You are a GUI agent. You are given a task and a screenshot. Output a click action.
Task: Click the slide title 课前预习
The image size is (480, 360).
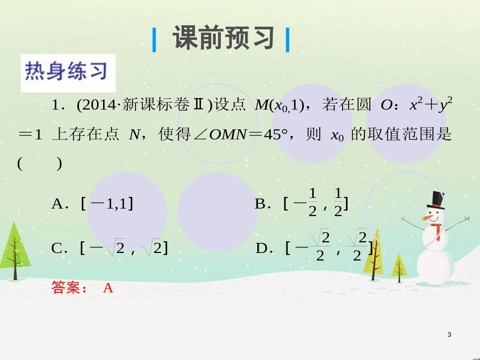223,38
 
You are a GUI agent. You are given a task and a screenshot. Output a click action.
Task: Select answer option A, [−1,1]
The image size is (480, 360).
93,203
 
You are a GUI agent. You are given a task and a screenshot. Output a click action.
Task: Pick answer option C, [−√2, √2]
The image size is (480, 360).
110,248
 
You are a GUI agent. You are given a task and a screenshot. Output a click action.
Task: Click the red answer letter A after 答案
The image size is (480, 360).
108,288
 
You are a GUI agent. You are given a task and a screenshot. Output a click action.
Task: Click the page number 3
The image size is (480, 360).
449,335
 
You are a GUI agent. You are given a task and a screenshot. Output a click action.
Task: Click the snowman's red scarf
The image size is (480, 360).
437,228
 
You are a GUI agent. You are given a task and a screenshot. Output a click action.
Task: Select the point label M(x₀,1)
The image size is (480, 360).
280,106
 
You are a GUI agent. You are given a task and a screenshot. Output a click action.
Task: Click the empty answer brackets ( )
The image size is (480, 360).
40,164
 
